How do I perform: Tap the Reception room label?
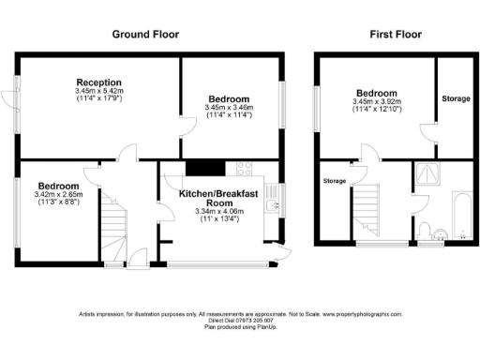tap(99, 82)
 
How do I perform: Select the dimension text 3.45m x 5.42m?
tap(99, 91)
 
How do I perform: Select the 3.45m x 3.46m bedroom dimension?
tap(230, 108)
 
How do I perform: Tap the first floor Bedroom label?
tap(375, 92)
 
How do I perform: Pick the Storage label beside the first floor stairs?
tap(335, 180)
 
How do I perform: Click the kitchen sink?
tap(272, 203)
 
